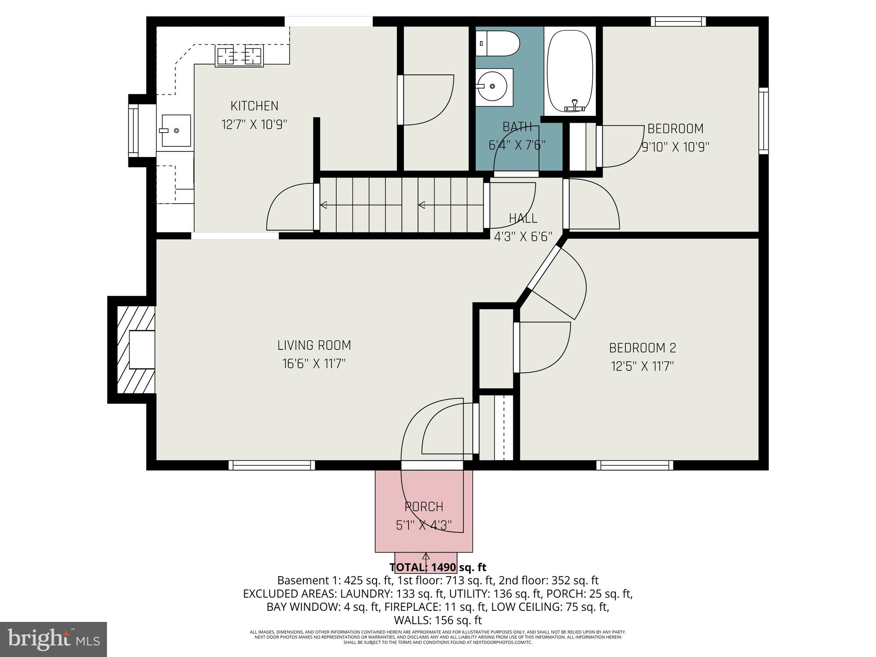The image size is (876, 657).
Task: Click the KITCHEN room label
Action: [x=255, y=106]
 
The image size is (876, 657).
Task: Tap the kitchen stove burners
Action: [x=240, y=56]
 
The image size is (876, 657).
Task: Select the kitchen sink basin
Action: [x=176, y=130]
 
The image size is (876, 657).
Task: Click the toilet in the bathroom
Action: [x=497, y=43]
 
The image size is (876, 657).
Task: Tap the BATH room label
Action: [x=517, y=127]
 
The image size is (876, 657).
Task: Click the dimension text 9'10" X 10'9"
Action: [x=675, y=147]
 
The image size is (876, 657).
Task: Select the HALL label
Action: [x=523, y=218]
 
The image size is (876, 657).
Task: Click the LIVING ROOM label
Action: [x=314, y=345]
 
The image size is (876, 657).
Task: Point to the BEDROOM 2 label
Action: [x=642, y=348]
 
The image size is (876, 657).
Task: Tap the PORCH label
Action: [x=424, y=506]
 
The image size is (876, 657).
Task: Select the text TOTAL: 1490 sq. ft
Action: [x=438, y=567]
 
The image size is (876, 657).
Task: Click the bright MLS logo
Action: [x=53, y=639]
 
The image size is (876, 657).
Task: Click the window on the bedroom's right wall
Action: [x=764, y=121]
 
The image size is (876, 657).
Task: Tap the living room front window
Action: [x=272, y=465]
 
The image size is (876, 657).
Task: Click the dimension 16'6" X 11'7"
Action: [x=314, y=364]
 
